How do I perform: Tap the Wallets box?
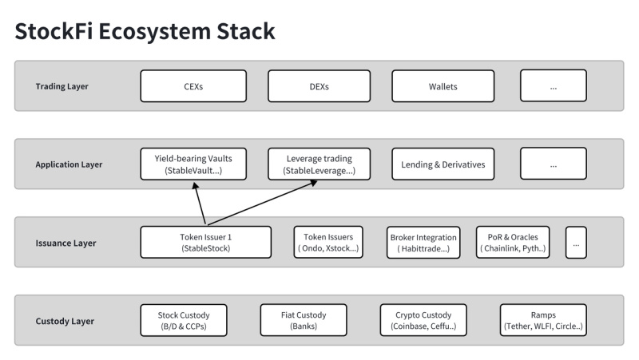443,86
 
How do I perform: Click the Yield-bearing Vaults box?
193,164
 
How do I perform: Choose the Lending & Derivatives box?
443,164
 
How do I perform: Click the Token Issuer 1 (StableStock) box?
206,242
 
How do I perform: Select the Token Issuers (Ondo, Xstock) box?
328,242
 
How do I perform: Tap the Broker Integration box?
423,242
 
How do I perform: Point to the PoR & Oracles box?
512,242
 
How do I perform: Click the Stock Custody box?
184,320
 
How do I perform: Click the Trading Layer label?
62,86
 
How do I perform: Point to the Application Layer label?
69,164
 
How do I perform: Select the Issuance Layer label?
65,243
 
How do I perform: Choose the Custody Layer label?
65,321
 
